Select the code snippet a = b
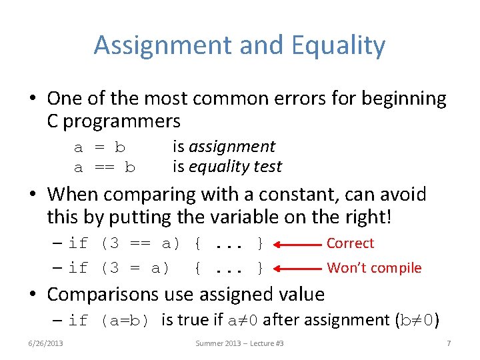pos(99,147)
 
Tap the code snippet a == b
pos(104,167)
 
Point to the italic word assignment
pos(232,147)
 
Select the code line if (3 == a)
pos(124,244)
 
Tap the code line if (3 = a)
pos(119,268)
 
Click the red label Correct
pos(350,243)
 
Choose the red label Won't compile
pos(374,268)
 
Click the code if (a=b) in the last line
pos(113,321)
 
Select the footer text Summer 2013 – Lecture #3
pos(239,343)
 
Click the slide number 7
pos(449,343)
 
